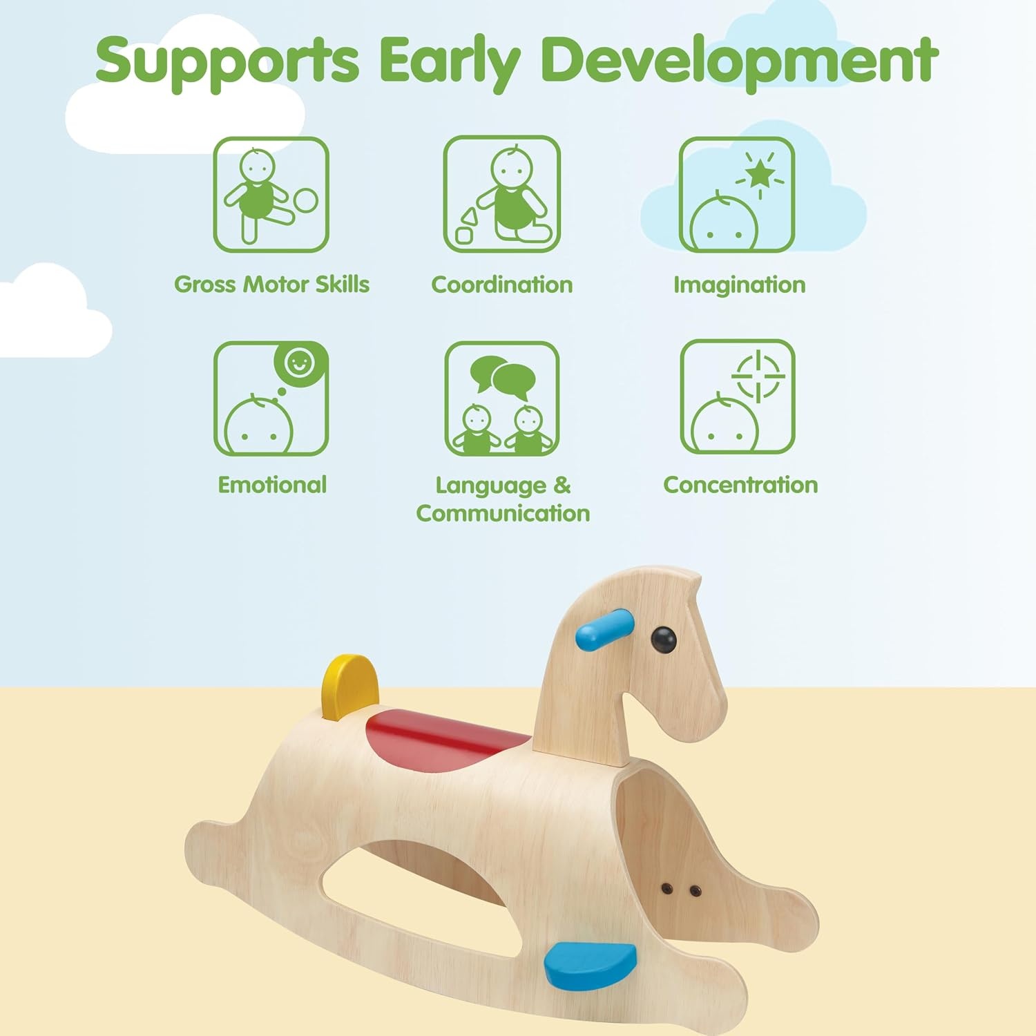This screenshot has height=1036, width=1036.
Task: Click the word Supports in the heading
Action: pyautogui.click(x=227, y=61)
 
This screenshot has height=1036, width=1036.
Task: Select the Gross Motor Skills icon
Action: pyautogui.click(x=271, y=195)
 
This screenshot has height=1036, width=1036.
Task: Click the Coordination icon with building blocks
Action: pyautogui.click(x=501, y=194)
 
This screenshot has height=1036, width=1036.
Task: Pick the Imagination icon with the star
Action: pyautogui.click(x=737, y=195)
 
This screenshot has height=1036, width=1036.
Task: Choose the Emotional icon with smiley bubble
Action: pyautogui.click(x=271, y=399)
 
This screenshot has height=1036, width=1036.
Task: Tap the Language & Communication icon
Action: pyautogui.click(x=501, y=399)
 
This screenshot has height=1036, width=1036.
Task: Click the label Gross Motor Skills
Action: pyautogui.click(x=271, y=285)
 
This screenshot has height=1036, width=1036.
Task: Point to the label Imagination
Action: pyautogui.click(x=740, y=285)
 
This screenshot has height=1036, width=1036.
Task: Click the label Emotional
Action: pyautogui.click(x=272, y=485)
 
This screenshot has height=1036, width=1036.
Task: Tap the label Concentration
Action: pyautogui.click(x=740, y=485)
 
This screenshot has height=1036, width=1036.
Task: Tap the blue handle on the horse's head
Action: pyautogui.click(x=603, y=630)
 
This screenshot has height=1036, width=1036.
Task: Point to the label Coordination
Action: pyautogui.click(x=502, y=285)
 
